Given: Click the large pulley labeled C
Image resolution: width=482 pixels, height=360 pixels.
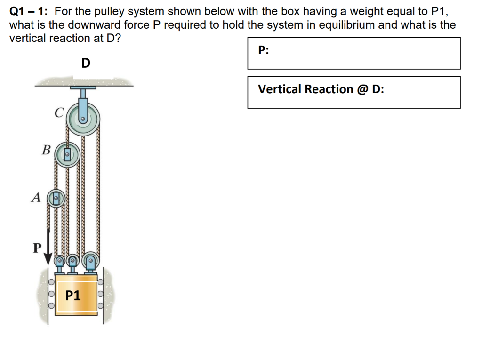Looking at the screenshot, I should pos(82,120).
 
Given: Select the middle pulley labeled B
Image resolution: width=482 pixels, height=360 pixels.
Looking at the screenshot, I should pos(67,154).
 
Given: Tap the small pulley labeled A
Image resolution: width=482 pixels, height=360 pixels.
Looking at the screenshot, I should pos(56,198).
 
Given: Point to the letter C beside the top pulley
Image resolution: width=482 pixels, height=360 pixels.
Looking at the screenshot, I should pos(58,113).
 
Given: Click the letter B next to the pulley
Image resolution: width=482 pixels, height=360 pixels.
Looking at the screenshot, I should pos(46,150).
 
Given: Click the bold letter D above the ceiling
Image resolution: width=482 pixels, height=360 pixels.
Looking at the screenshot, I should pos(85,63).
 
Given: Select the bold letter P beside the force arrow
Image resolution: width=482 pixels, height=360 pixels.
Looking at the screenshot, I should pos(36,247).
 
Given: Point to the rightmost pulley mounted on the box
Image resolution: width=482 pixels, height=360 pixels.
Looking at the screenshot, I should pos(91,260).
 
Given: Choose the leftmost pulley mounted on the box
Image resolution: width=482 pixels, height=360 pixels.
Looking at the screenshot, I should pos(60,260).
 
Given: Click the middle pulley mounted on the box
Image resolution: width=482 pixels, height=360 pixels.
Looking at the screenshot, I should pos(72,260).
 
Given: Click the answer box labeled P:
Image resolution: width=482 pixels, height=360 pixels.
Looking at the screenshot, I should pos(353,53).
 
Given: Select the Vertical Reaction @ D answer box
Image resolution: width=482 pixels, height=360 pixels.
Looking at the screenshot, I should pos(353,92).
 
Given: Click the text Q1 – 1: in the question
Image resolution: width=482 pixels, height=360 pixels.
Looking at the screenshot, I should pos(30,11).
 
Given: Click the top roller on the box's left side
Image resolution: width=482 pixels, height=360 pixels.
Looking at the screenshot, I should pos(51,283).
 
